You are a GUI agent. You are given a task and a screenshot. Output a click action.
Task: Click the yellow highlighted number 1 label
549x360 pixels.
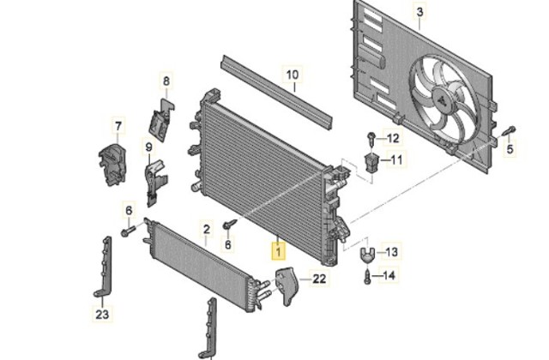pyautogui.click(x=279, y=251)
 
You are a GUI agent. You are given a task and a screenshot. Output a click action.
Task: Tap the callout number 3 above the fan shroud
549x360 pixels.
pyautogui.click(x=419, y=13)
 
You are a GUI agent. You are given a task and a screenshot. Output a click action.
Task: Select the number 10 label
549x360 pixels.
pyautogui.click(x=293, y=75)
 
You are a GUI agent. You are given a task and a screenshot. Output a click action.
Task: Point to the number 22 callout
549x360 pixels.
pyautogui.click(x=319, y=279)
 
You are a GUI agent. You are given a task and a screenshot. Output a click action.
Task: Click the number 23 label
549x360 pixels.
pyautogui.click(x=102, y=315)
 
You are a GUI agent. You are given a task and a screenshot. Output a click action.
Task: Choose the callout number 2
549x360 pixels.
pyautogui.click(x=207, y=230)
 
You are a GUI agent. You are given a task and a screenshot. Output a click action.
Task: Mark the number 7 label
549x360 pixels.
pyautogui.click(x=118, y=126)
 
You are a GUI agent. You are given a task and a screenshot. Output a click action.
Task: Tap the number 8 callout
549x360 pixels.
pyautogui.click(x=166, y=81)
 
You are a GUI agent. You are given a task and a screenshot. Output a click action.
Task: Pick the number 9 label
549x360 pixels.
pyautogui.click(x=148, y=147)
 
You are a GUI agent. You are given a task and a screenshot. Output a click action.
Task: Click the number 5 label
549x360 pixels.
pyautogui.click(x=510, y=149)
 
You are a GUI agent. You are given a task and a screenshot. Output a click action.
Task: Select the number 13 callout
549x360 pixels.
pyautogui.click(x=391, y=252)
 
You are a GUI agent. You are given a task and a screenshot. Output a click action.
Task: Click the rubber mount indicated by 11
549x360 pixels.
pyautogui.click(x=371, y=162)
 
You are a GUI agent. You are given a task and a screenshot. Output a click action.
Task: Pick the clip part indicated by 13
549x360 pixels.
pyautogui.click(x=367, y=255)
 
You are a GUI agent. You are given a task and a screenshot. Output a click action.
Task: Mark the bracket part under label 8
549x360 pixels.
pyautogui.click(x=162, y=120)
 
